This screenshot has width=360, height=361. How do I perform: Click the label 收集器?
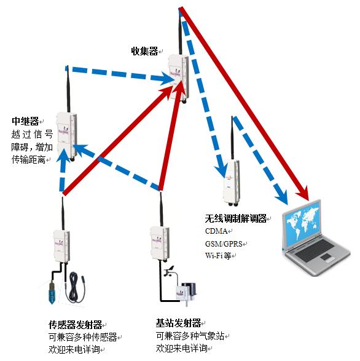(144, 51)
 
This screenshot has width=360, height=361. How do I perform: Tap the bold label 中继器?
(25, 121)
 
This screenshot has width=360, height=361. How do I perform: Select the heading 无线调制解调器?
(236, 218)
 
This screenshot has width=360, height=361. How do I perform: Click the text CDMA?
(216, 231)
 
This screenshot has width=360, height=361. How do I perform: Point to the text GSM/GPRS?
(224, 244)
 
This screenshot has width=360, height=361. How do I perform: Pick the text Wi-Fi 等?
(218, 256)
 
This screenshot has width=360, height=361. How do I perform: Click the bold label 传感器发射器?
(75, 325)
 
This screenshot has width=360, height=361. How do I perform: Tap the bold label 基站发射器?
(179, 323)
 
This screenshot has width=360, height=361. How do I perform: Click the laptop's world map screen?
(302, 223)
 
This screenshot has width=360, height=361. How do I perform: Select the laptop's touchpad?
(326, 257)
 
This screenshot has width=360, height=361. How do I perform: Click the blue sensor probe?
(51, 291)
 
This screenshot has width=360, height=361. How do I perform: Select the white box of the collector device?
(179, 77)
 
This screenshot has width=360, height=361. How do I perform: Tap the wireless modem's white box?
(232, 181)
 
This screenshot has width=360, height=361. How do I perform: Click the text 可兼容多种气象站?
(190, 336)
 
